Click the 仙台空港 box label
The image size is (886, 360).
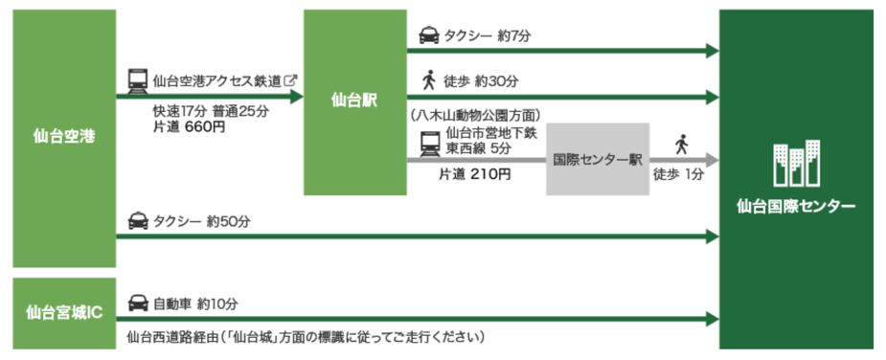64,137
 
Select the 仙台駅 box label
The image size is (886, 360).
354,101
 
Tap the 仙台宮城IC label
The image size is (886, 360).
64,313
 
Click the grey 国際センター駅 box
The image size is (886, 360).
598,159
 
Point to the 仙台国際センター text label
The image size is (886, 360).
796,206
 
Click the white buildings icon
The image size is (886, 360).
796,164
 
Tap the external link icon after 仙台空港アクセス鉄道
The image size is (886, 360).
291,80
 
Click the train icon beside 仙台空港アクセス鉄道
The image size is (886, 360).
138,81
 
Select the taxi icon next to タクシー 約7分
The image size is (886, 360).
429,36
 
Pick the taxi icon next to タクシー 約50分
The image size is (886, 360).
139,221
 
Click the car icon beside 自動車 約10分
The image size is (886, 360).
139,304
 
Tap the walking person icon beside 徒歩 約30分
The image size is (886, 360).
429,79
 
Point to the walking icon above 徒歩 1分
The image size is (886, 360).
681,145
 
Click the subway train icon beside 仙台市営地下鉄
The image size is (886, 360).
431,144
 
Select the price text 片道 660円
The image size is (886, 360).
189,127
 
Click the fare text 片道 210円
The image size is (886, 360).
475,174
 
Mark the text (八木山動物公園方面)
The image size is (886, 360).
476,115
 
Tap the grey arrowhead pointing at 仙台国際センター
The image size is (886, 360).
712,160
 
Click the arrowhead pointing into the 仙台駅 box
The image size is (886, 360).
297,97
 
